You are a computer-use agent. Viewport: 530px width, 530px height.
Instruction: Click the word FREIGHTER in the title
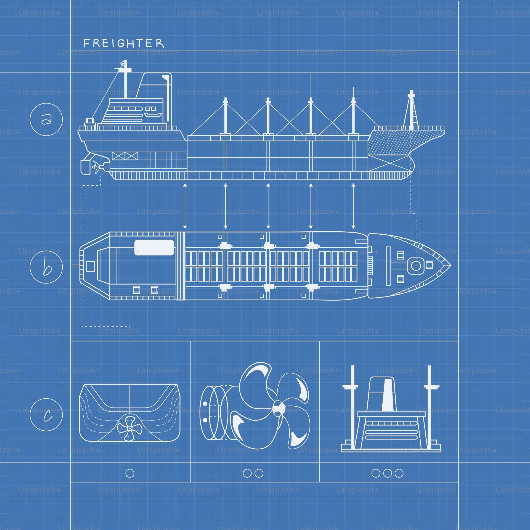pyautogui.click(x=123, y=43)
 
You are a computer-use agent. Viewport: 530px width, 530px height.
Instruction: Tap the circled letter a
pyautogui.click(x=46, y=120)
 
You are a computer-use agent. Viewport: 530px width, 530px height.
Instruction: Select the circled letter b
pyautogui.click(x=46, y=267)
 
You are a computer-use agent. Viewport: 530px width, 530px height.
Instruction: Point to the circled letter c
pyautogui.click(x=46, y=415)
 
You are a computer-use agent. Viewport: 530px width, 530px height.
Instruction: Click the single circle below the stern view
pyautogui.click(x=130, y=473)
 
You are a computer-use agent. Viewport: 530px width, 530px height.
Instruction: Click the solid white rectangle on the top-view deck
pyautogui.click(x=154, y=247)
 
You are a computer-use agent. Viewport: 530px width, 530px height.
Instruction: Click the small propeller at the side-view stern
pyautogui.click(x=96, y=167)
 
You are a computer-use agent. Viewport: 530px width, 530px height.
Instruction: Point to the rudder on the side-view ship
pyautogui.click(x=85, y=167)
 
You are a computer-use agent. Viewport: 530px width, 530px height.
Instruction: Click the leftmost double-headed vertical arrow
pyautogui.click(x=185, y=206)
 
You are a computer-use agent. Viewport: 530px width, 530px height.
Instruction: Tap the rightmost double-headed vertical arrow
pyautogui.click(x=353, y=206)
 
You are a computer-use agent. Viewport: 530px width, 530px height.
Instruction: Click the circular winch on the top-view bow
pyautogui.click(x=416, y=266)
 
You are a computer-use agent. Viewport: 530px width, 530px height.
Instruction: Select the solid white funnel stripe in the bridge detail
pyautogui.click(x=388, y=395)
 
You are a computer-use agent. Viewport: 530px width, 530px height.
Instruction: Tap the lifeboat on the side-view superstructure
pyautogui.click(x=153, y=115)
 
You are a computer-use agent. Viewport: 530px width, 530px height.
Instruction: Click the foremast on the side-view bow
pyautogui.click(x=412, y=110)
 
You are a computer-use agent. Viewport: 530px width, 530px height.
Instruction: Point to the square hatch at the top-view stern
pyautogui.click(x=91, y=266)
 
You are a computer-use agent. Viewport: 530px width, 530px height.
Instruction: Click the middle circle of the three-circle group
pyautogui.click(x=388, y=473)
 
